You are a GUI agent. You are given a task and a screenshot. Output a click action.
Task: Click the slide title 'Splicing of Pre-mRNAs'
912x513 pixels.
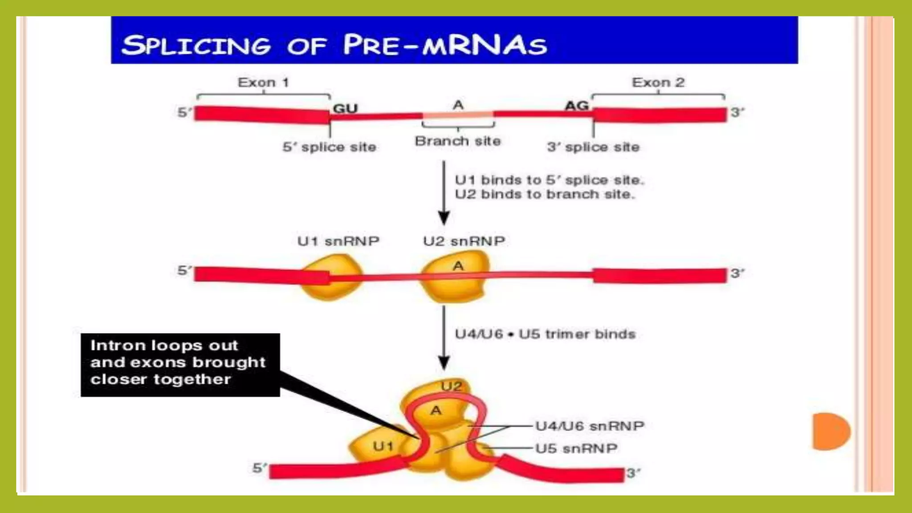[334, 45]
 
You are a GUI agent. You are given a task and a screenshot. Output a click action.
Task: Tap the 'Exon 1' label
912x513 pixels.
[263, 82]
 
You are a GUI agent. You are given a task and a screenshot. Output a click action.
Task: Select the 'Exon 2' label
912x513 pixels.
[658, 82]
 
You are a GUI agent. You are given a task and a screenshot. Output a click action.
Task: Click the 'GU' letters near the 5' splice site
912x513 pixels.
[345, 109]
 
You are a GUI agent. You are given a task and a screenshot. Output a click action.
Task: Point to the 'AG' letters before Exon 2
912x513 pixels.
[577, 106]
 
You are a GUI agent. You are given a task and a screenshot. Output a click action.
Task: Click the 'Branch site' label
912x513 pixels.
[458, 141]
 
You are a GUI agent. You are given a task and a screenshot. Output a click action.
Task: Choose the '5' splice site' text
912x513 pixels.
[329, 147]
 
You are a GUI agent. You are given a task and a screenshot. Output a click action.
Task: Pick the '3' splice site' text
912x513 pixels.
[593, 147]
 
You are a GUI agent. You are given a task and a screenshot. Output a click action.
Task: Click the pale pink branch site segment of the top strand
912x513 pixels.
[458, 115]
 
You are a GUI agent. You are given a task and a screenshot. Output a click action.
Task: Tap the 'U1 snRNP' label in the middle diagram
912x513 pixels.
[338, 241]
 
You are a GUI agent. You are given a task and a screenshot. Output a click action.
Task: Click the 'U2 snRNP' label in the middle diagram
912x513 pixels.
[464, 241]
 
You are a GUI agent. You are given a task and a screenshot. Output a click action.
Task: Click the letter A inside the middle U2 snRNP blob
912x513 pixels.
[458, 266]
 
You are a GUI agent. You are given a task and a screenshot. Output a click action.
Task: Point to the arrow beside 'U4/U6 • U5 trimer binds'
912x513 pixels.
[444, 338]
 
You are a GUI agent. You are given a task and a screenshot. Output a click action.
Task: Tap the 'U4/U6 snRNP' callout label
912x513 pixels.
[590, 426]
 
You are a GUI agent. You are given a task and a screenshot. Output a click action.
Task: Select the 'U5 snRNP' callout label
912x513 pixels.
[576, 448]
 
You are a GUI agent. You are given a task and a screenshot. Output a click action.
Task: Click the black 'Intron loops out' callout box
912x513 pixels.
[180, 364]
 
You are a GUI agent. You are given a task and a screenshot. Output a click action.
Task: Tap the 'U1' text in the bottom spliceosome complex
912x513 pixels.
[383, 446]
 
